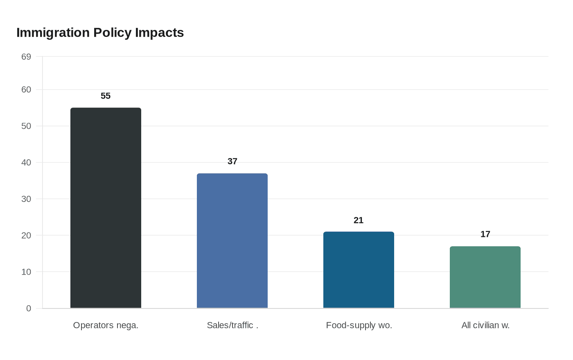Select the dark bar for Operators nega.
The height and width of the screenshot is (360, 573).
[106, 208]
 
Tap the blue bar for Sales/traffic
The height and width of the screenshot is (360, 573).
[232, 241]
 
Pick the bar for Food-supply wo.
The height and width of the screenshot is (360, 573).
[359, 270]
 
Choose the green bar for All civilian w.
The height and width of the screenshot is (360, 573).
[485, 277]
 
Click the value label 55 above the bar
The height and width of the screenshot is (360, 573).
[106, 96]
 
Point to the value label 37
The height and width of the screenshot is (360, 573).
[232, 161]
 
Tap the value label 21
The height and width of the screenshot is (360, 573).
[359, 220]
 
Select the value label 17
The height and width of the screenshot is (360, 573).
[485, 234]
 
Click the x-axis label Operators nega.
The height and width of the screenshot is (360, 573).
[106, 326]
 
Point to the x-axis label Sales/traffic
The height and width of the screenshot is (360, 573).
[232, 326]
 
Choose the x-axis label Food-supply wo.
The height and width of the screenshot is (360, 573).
[359, 326]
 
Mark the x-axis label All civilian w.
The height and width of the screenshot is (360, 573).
[485, 326]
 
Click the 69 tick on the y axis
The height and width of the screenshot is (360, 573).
[26, 57]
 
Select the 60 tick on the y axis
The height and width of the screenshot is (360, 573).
[26, 90]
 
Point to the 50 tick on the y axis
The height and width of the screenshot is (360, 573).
[26, 126]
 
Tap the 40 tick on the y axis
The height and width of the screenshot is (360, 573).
[26, 163]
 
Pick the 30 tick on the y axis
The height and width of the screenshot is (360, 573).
[26, 199]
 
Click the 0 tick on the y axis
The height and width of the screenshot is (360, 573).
[29, 308]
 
